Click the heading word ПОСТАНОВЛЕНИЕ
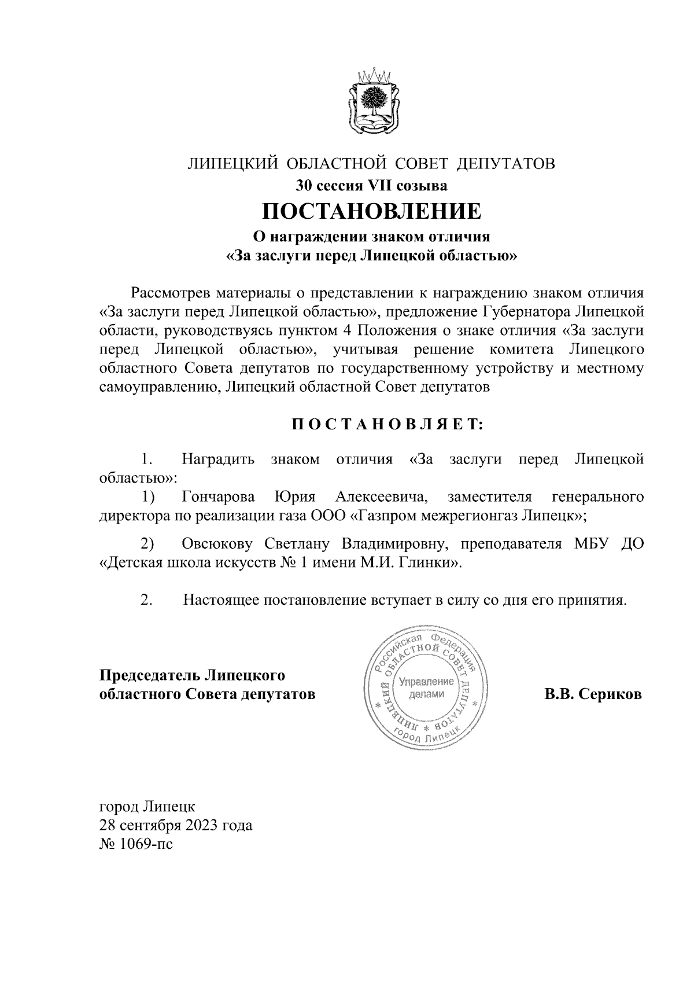tap(371, 212)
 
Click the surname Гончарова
tap(218, 497)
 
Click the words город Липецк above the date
tap(147, 806)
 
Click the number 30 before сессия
tap(305, 186)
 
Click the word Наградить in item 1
tap(218, 460)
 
